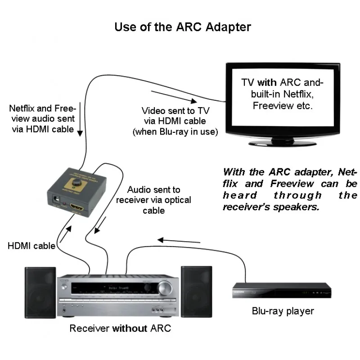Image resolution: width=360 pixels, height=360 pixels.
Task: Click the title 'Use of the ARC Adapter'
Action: click(x=182, y=27)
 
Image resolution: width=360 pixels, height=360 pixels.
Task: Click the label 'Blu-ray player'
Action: click(x=283, y=311)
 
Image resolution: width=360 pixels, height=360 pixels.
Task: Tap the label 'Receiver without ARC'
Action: click(x=120, y=328)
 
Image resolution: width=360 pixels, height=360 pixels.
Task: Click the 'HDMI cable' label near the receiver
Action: click(x=31, y=246)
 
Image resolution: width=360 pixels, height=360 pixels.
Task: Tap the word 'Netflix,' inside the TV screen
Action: click(x=298, y=95)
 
